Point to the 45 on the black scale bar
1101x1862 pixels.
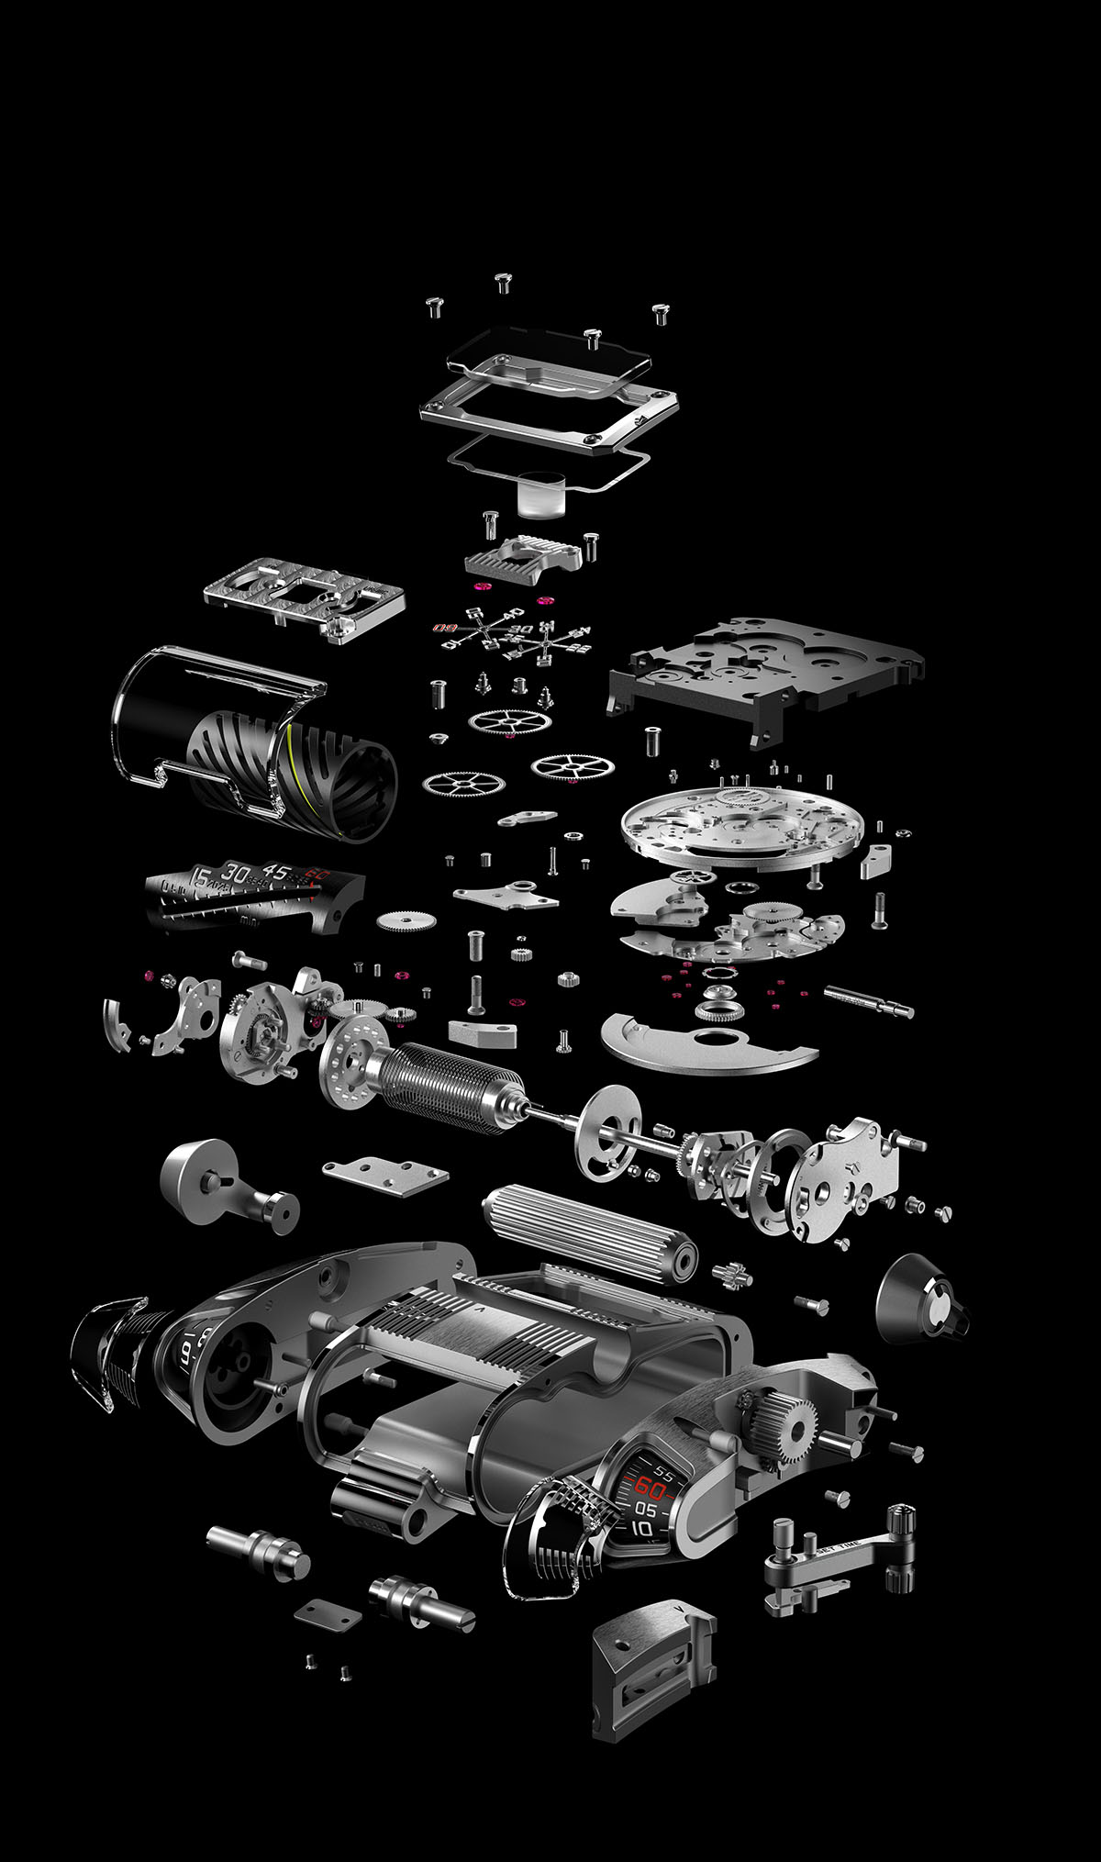275,870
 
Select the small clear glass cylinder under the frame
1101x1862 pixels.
540,492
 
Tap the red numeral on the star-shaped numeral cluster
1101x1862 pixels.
445,630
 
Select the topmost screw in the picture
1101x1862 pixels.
502,281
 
